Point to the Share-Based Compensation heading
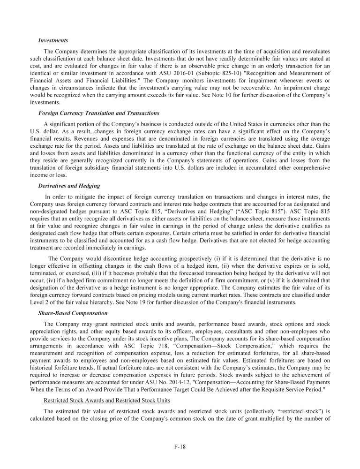[x=73, y=312]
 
